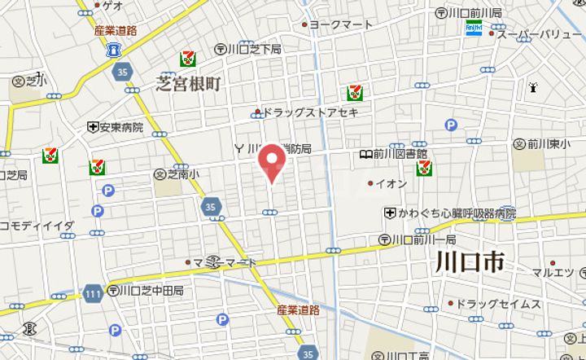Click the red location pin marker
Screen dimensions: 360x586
pos(271,162)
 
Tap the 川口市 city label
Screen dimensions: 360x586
pos(469,262)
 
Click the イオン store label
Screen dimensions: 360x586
pos(390,183)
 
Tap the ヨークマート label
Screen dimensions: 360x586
pos(339,24)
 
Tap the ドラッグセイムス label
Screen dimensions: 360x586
pos(497,304)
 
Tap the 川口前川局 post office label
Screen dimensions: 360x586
pos(471,13)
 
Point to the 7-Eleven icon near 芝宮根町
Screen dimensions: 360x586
pos(189,57)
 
